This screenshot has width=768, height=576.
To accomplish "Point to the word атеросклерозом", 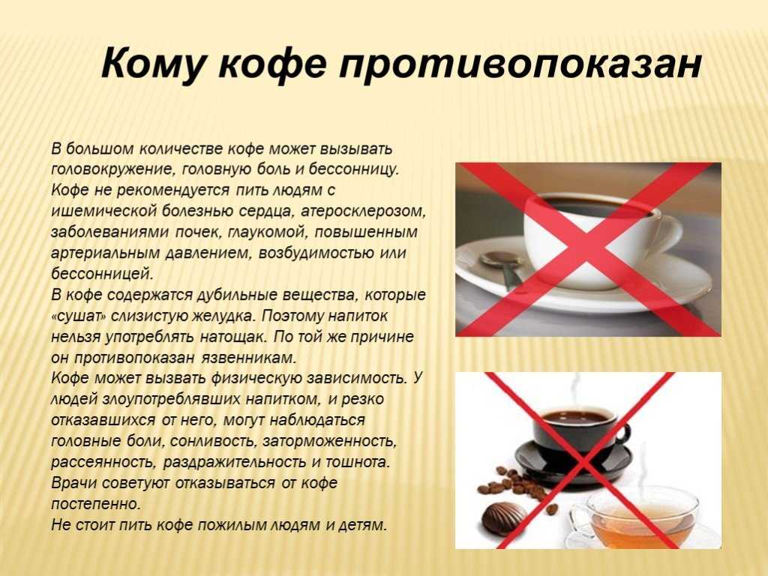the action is click(363, 211).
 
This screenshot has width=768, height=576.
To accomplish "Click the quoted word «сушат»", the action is click(79, 316).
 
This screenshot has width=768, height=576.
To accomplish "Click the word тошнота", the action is click(358, 462).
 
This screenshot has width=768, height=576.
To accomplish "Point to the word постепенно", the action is click(96, 503).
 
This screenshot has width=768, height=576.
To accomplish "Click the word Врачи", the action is click(74, 483).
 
